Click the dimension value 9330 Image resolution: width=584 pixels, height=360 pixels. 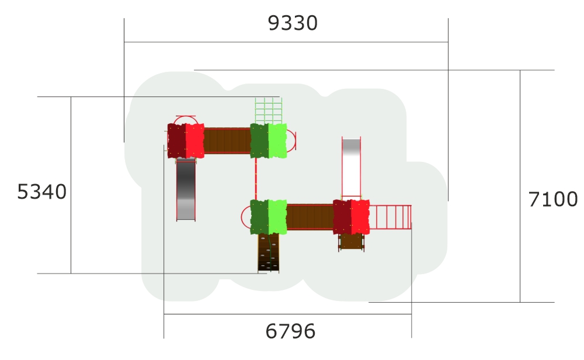click(x=293, y=23)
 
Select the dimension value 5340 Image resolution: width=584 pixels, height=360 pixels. click(x=41, y=192)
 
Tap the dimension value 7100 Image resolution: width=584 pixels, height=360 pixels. click(x=553, y=199)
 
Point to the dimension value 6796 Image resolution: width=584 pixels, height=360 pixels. click(x=290, y=331)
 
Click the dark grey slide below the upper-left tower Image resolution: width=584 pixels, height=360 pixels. click(x=186, y=189)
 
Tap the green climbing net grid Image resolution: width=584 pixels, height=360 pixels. click(x=268, y=110)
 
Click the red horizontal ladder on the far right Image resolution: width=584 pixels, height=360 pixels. click(x=390, y=217)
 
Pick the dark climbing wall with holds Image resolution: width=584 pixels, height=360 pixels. click(x=268, y=252)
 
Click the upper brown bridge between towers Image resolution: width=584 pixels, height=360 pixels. click(x=227, y=140)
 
